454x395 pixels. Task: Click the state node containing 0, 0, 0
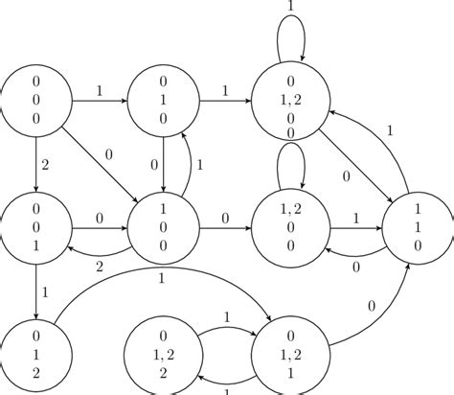(x=36, y=99)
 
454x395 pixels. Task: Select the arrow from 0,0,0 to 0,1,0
(x=100, y=99)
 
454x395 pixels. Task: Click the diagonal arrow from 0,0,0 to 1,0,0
(x=101, y=164)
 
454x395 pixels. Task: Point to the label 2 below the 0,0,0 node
(x=44, y=165)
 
